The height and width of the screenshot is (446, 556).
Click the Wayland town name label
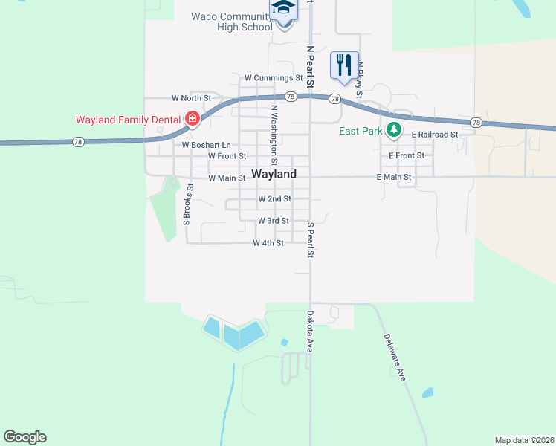[x=274, y=174]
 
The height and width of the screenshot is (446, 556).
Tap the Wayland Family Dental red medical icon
[x=193, y=119]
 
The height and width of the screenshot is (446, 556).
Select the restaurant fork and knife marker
[x=344, y=65]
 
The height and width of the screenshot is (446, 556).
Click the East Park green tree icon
[x=394, y=131]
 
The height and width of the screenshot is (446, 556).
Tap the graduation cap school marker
[x=283, y=9]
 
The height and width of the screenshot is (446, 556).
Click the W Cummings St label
[x=274, y=77]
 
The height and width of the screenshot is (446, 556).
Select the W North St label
[x=191, y=97]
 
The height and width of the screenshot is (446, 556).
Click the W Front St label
[x=227, y=156]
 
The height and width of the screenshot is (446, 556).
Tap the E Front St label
[x=407, y=155]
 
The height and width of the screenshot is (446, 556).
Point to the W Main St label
[x=227, y=178]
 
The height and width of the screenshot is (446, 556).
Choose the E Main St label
[x=394, y=177]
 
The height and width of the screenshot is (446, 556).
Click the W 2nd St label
[x=274, y=199]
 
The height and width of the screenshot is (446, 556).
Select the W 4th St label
[x=268, y=243]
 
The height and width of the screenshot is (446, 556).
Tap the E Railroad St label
[x=435, y=134]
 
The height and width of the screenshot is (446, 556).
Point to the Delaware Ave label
[x=395, y=357]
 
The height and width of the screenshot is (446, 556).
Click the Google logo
[x=25, y=437]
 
